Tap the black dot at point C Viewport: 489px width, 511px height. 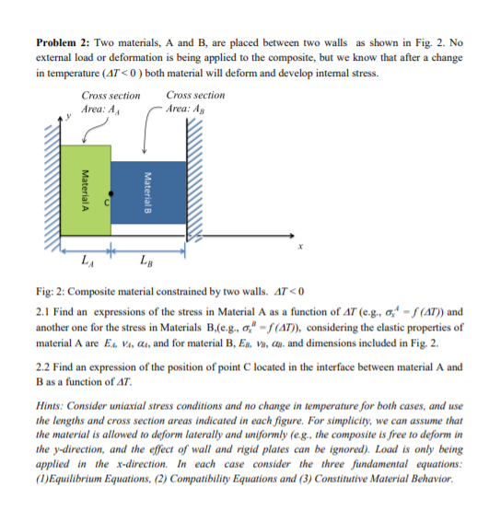pyautogui.click(x=107, y=196)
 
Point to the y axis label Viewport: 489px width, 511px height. pyautogui.click(x=61, y=118)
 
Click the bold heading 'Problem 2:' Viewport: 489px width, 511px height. pyautogui.click(x=63, y=44)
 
